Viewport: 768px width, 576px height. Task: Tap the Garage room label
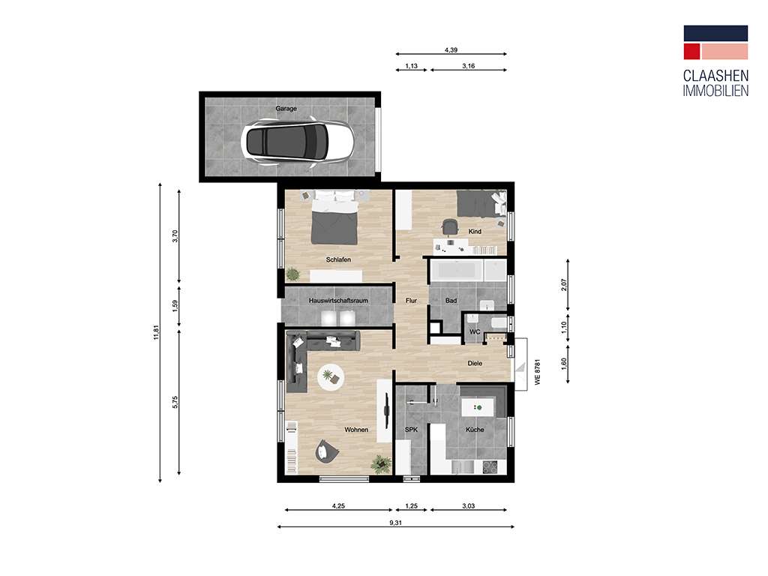[x=286, y=109]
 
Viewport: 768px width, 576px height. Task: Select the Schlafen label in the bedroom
[x=338, y=260]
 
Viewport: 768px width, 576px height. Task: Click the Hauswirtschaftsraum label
[x=338, y=301]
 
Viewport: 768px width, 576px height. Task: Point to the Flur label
[x=411, y=301]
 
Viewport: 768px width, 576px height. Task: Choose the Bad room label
[x=451, y=301]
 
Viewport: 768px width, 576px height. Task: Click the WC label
[x=474, y=331]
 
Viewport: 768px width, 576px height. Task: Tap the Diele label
[x=474, y=364]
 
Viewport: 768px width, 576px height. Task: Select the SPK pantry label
[x=410, y=430]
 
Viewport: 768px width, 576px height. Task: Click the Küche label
[x=474, y=430]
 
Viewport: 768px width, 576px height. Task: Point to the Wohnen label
[x=355, y=430]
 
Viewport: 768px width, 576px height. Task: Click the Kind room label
[x=475, y=232]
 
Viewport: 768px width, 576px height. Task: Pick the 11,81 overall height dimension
[x=154, y=331]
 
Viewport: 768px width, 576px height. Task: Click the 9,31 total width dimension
[x=395, y=523]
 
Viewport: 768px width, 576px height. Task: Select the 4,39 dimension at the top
[x=451, y=49]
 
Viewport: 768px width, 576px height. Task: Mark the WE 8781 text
[x=538, y=373]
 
